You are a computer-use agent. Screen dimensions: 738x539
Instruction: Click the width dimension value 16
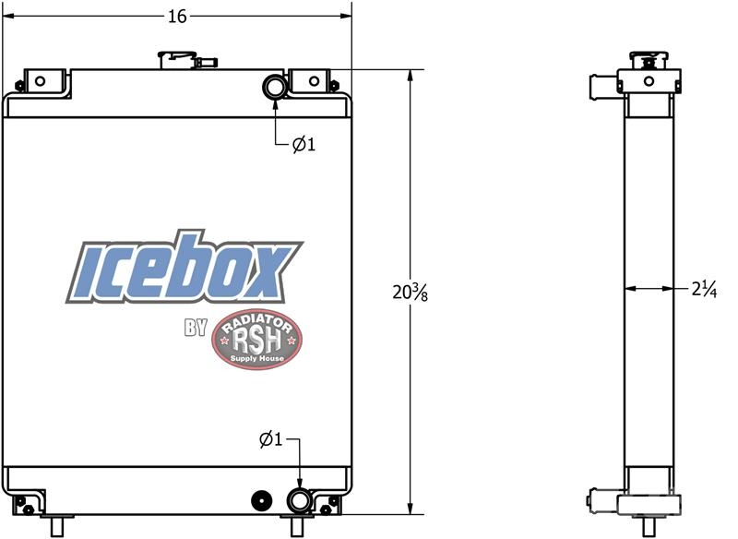177,17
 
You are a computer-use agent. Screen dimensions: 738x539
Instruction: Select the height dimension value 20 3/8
410,293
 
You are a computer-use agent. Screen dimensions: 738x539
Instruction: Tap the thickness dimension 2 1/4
704,289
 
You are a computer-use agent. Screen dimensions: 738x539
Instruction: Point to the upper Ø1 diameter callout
304,144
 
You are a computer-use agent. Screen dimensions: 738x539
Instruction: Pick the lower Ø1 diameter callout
270,439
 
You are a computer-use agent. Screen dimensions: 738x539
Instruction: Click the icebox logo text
184,268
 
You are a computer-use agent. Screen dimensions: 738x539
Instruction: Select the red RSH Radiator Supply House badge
256,340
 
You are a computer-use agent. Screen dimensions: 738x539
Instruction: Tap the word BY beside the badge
196,328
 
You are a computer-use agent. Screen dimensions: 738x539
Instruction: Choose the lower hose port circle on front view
299,500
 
